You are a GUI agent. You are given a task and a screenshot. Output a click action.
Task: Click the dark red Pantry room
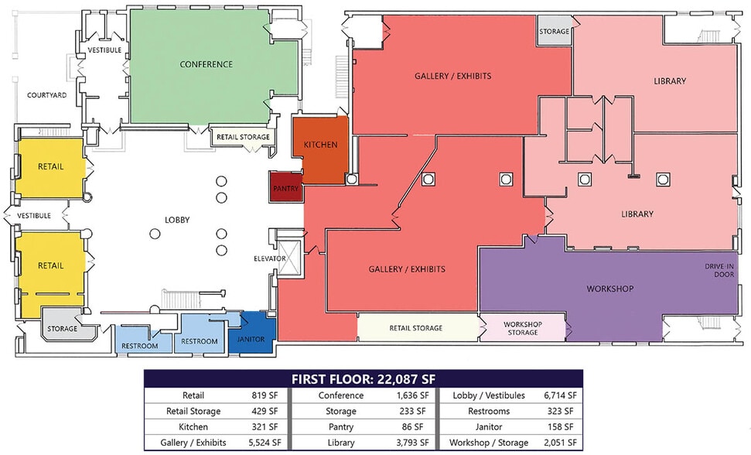(286, 186)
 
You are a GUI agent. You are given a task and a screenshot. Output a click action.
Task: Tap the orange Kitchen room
(321, 149)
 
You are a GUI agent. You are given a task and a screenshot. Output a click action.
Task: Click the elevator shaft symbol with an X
(289, 259)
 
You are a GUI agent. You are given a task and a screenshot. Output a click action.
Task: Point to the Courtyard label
(47, 95)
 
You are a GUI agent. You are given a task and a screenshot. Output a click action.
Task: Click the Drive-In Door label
(719, 271)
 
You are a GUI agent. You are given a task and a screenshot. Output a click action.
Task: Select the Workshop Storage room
(523, 328)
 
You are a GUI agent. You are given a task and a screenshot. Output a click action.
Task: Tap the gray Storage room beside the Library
(554, 30)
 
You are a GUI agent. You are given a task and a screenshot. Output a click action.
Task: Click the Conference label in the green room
(207, 64)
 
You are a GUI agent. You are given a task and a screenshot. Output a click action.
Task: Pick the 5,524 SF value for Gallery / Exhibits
(265, 443)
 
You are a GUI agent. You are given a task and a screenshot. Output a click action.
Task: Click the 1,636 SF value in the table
(412, 395)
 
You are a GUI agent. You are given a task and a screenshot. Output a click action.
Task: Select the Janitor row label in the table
(489, 426)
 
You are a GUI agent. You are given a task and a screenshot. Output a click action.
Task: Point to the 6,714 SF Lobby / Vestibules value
(560, 395)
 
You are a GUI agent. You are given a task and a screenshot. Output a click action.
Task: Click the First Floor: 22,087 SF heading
(364, 379)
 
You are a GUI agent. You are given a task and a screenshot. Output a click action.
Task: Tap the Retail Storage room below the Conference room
(243, 137)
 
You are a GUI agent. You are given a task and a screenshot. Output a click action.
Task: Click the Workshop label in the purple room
(610, 289)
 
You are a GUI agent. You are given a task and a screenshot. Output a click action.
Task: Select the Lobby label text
(177, 220)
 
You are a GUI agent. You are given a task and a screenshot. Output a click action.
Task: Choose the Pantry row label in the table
(340, 426)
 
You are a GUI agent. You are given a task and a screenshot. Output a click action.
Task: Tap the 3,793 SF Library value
(412, 443)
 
